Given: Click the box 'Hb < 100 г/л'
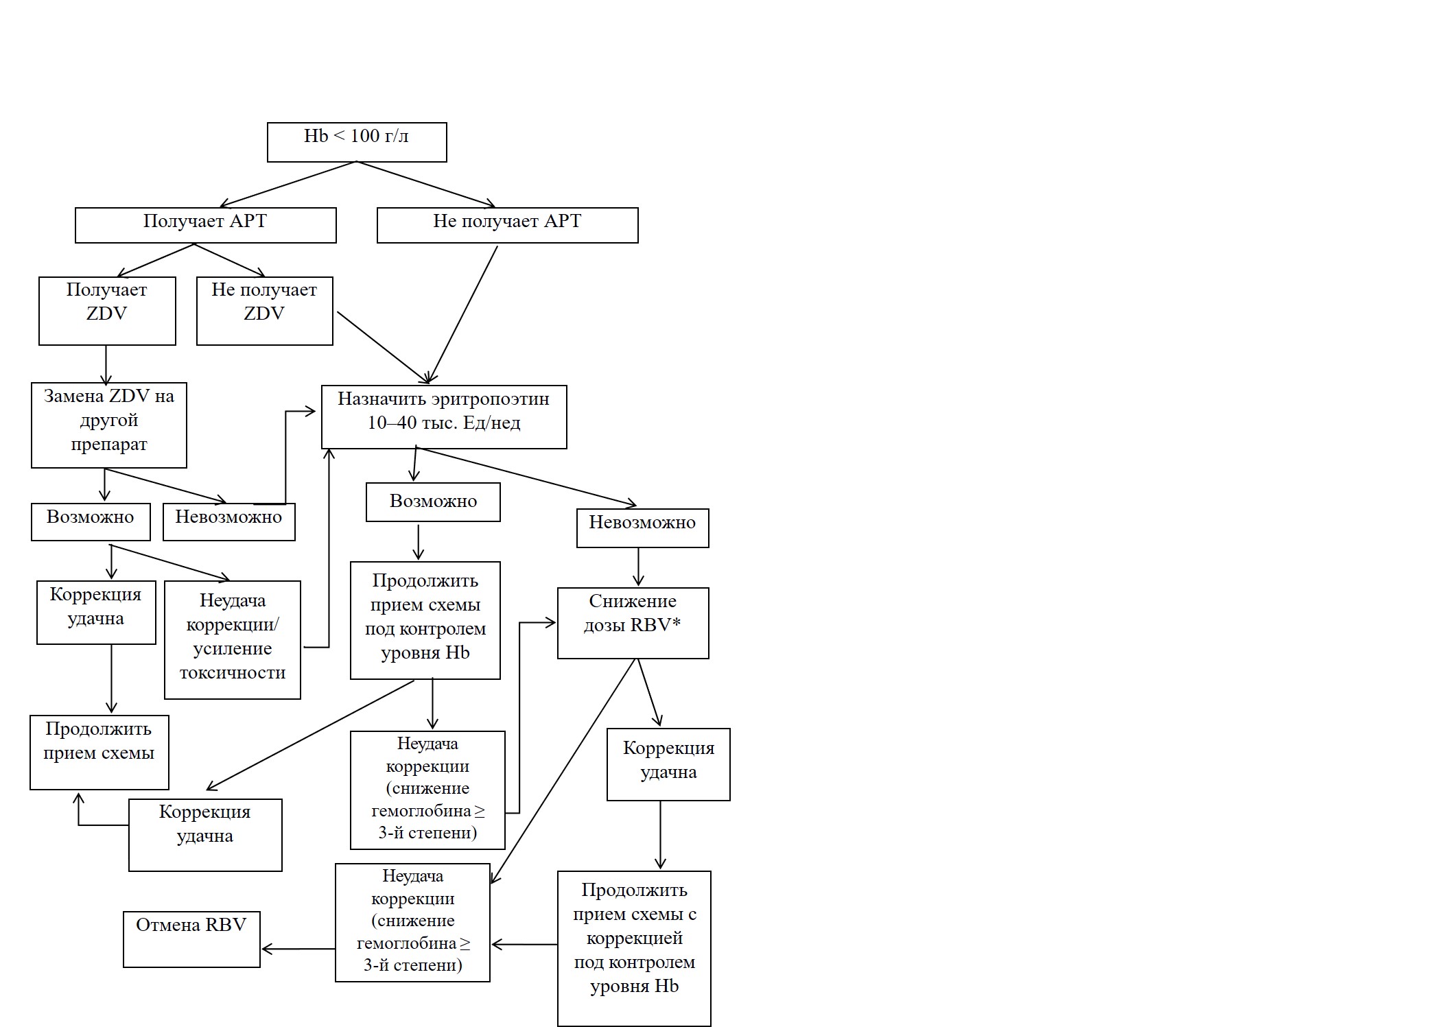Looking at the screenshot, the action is (357, 143).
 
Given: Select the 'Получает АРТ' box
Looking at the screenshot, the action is (206, 225).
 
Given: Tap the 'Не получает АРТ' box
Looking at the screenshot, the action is (508, 225).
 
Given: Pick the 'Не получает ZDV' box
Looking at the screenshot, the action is (265, 311).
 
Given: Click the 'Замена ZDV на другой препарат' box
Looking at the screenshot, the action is (109, 425).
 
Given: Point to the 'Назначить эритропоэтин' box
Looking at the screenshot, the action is (444, 417).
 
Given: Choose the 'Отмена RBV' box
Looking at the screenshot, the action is (191, 939).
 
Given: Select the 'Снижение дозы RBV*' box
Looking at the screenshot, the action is (633, 623).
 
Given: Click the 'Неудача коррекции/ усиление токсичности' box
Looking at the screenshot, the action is (233, 640).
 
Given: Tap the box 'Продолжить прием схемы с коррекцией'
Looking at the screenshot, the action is (634, 949).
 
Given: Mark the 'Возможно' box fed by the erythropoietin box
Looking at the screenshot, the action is (433, 502).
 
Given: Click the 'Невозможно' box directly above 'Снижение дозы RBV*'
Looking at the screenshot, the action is (643, 528).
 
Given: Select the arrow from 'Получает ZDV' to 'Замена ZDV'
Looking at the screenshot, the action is (106, 365).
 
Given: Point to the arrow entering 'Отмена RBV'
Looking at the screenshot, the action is (298, 949).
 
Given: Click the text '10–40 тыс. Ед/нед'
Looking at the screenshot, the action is (444, 423).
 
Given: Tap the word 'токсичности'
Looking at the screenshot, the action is (233, 672).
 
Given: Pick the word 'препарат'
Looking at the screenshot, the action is (109, 445).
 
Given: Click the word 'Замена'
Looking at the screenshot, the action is (73, 396).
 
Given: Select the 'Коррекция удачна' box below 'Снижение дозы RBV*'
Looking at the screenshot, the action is (668, 764).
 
